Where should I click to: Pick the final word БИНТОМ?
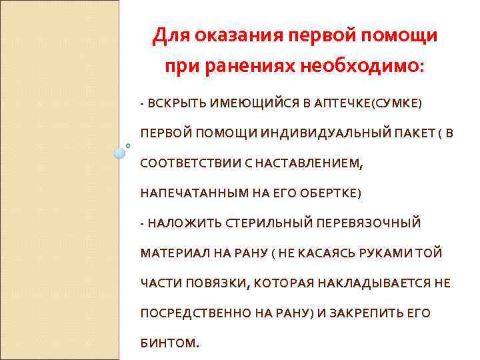pos(169,344)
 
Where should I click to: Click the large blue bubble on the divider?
pos(120,153)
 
